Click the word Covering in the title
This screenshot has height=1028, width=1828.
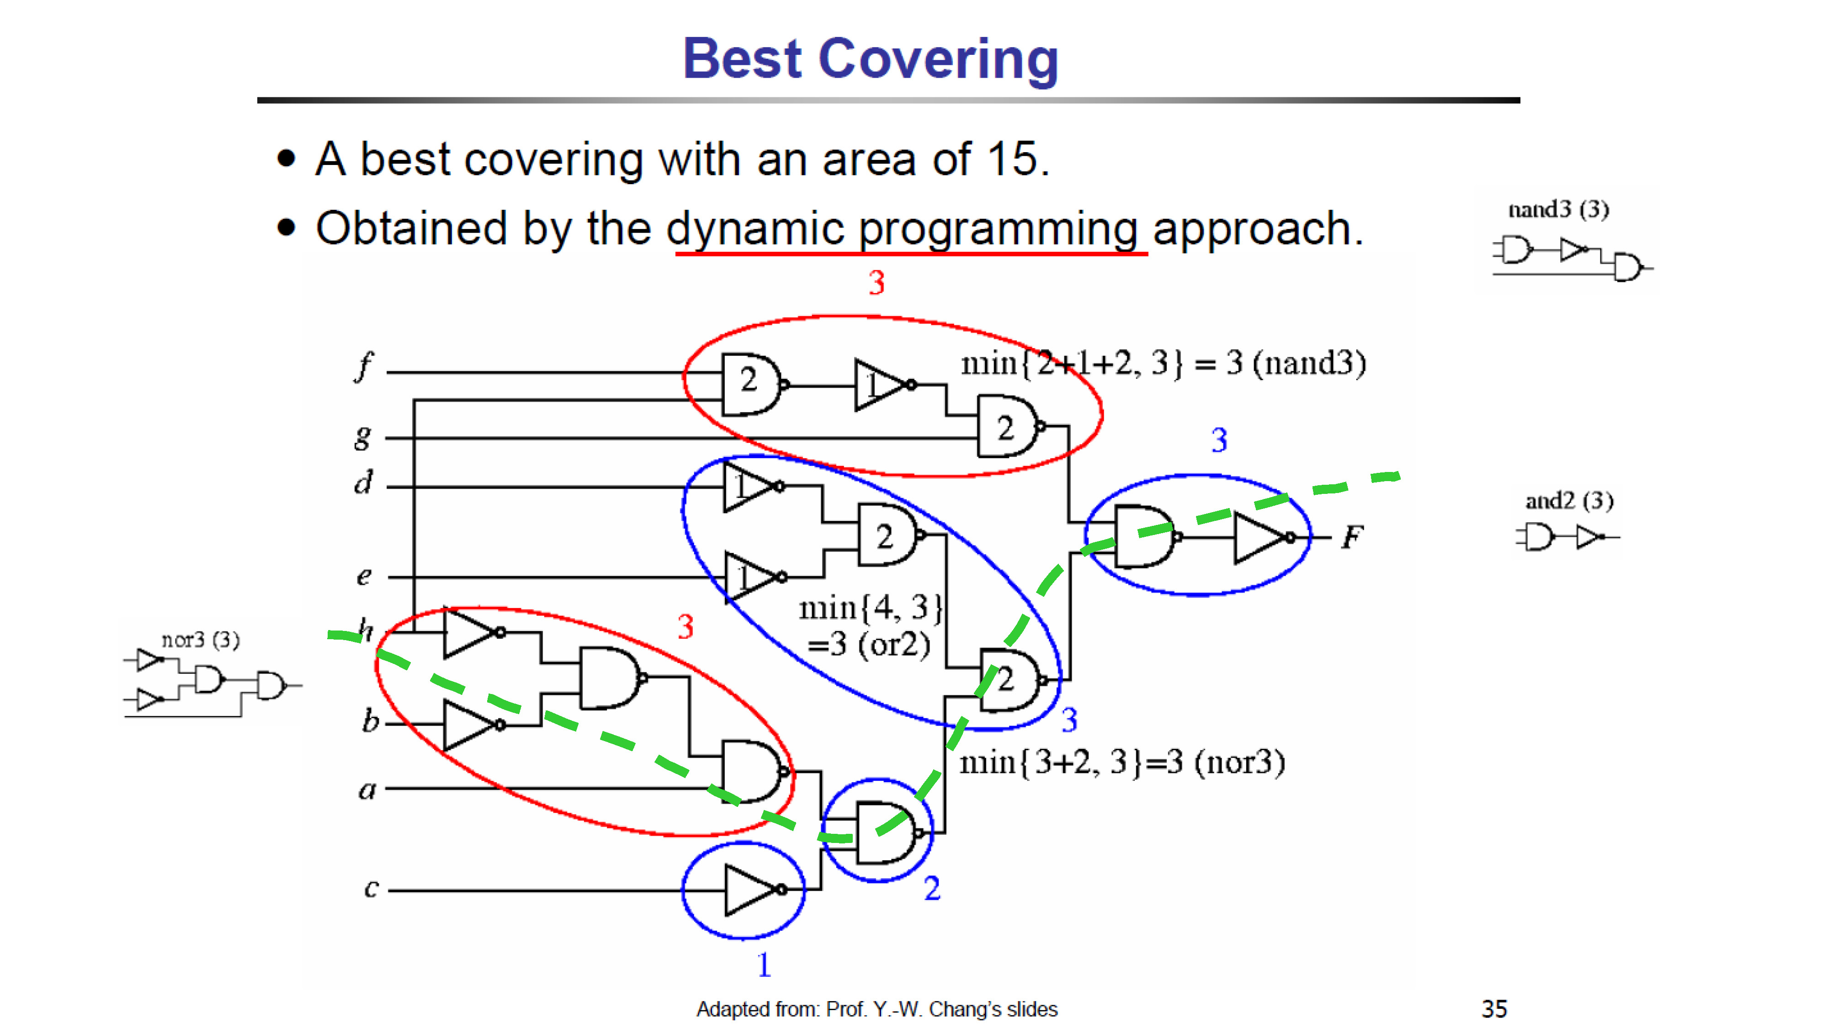coord(938,59)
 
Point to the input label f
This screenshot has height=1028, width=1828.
coord(364,367)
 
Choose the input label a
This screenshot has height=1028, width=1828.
coord(367,789)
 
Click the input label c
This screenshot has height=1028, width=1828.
coord(371,888)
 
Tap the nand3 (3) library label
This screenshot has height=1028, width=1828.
coord(1558,209)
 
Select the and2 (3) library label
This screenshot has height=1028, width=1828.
coord(1569,500)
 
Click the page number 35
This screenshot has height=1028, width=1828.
coord(1494,1008)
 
